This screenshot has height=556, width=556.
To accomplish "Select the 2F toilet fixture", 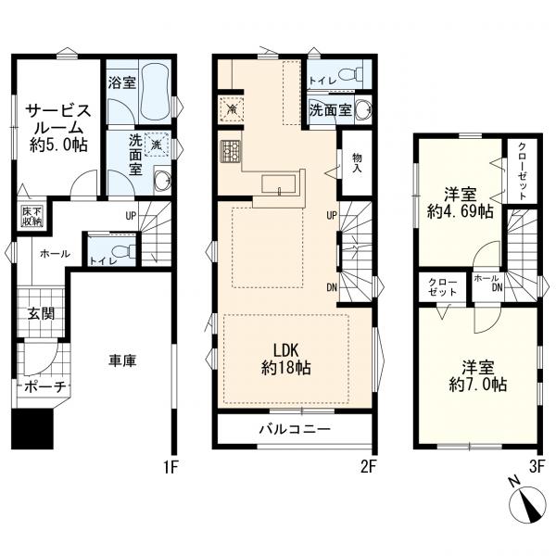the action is click(350, 75).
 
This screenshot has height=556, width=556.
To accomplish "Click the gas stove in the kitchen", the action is click(231, 151).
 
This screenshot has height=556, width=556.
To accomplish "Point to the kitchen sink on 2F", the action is click(279, 184).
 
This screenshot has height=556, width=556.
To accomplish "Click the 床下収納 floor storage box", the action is click(32, 217).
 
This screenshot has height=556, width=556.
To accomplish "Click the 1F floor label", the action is click(171, 467).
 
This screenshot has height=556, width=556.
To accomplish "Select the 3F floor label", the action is click(537, 467).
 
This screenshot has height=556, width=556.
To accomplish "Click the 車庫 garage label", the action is click(122, 361).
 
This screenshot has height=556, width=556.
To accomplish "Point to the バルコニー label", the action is click(295, 430).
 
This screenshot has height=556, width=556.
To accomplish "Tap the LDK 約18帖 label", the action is click(286, 360).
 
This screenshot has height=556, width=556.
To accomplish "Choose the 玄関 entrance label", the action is click(41, 313).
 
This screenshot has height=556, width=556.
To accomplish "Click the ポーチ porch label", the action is click(45, 387).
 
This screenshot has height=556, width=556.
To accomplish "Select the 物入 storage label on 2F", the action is click(357, 163).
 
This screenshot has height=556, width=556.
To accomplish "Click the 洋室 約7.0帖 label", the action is click(477, 376).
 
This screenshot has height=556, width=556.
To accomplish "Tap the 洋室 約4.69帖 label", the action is click(461, 203).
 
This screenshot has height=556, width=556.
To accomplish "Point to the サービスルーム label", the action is click(58, 128).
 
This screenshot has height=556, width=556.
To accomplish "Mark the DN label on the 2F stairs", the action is click(332, 287).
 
